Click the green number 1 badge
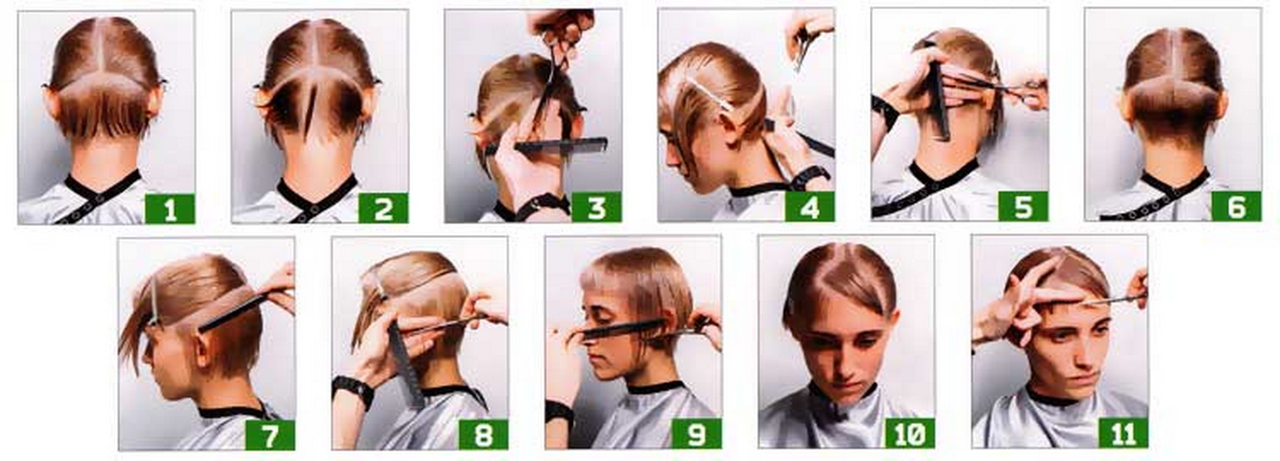pos(170,208)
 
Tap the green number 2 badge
pos(383,207)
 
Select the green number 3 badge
pos(596,207)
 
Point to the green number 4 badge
pos(809,207)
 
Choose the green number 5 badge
pos(1023,206)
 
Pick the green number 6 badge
pos(1236,205)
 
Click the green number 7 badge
pos(270,435)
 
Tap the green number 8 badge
pos(483,434)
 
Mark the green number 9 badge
pos(696,433)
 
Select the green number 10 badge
pos(910,433)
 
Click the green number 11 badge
pos(1123,433)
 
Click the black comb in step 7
pos(233,312)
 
